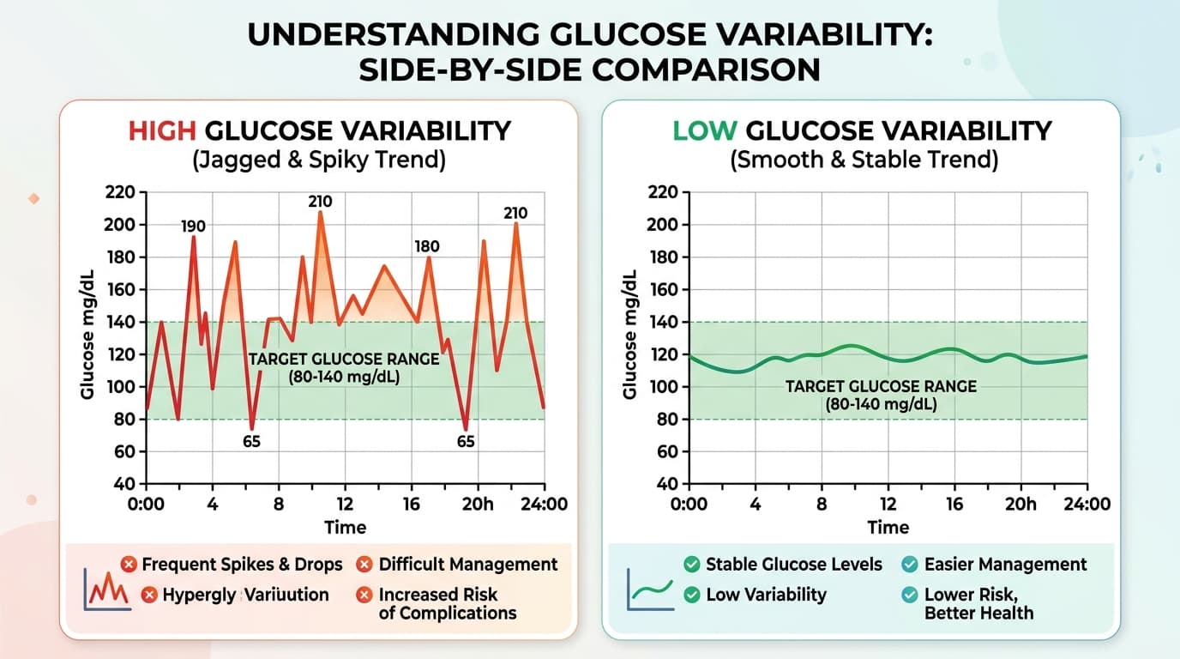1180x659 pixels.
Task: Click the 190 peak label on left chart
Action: point(193,227)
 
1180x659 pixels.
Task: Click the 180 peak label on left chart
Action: point(426,247)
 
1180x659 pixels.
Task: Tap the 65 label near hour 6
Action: point(251,443)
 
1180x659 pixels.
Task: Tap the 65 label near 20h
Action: point(466,443)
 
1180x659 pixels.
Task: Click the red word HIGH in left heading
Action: point(162,131)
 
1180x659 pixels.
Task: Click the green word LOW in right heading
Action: point(705,131)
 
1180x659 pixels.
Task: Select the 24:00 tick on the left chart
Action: point(544,505)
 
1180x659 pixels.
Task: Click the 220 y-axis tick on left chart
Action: point(120,193)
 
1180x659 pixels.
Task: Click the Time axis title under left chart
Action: point(346,528)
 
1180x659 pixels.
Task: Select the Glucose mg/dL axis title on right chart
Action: point(630,335)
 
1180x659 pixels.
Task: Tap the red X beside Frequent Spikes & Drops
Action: point(129,565)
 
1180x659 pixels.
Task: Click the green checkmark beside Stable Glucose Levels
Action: point(691,565)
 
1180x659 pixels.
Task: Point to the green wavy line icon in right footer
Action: point(648,589)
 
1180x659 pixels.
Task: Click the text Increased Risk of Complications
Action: point(447,603)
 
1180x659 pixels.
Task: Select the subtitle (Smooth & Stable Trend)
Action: point(864,160)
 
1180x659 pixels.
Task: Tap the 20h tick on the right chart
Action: point(1020,505)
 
